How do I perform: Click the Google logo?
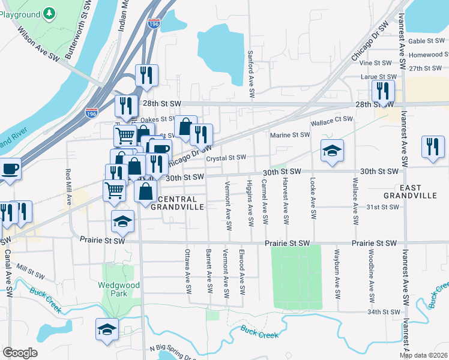[x=20, y=353]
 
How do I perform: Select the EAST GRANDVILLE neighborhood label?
[x=410, y=191]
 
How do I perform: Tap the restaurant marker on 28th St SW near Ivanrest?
[x=382, y=91]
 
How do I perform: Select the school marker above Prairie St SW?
[x=122, y=223]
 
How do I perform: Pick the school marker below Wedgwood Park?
[x=107, y=329]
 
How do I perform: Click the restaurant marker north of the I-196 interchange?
[x=146, y=75]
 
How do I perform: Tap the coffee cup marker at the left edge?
[x=10, y=169]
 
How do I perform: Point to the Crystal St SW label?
[x=226, y=158]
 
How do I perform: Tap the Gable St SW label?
[x=424, y=41]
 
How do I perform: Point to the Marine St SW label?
[x=289, y=135]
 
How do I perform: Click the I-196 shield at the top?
[x=154, y=23]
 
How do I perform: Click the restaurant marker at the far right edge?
[x=432, y=147]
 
